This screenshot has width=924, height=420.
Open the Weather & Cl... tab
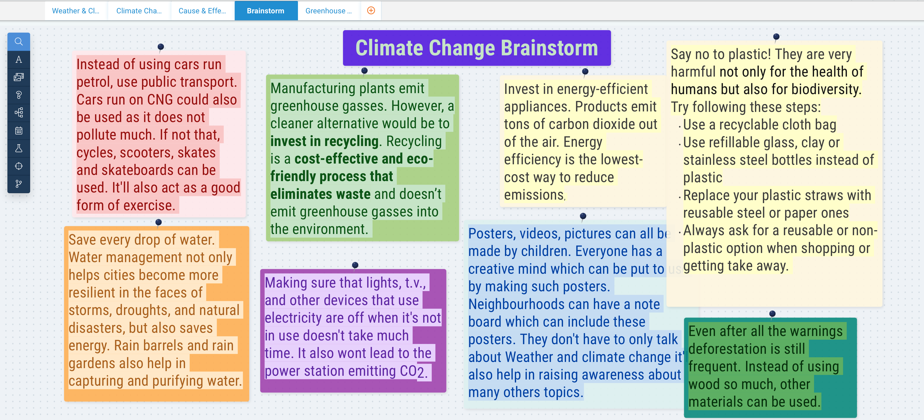(x=76, y=11)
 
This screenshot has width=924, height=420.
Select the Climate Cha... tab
(x=139, y=11)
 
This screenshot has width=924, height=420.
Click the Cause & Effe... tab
(x=202, y=11)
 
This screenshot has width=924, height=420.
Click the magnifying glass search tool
(x=19, y=41)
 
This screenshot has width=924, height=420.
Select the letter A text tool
(x=19, y=60)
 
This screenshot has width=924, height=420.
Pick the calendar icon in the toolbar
(x=19, y=130)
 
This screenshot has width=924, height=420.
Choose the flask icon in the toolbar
(x=19, y=148)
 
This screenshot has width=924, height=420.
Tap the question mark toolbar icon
(x=19, y=95)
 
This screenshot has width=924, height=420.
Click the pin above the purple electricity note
(x=355, y=265)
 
